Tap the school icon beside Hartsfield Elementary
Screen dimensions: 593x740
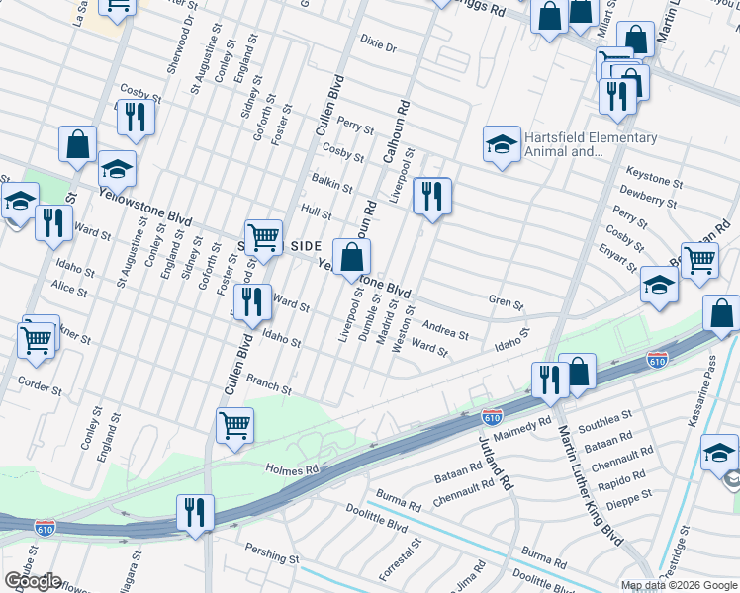502,145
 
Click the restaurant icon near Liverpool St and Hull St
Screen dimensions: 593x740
431,196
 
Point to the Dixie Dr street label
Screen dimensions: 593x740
378,46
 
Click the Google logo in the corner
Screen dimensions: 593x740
33,581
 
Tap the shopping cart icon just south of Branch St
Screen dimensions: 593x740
235,425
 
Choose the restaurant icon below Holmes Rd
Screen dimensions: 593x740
194,512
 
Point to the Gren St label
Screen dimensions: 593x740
506,300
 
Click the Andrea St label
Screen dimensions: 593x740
444,329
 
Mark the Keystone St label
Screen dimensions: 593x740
654,183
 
